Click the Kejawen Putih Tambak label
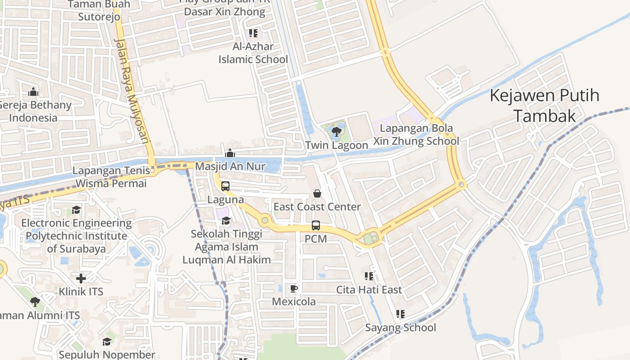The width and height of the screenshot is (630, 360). (x=544, y=106)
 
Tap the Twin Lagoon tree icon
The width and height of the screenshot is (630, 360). (x=336, y=132)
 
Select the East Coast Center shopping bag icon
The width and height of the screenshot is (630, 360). (x=317, y=193)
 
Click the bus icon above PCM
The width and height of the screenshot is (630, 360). (x=316, y=225)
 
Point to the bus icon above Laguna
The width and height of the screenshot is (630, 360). (x=225, y=186)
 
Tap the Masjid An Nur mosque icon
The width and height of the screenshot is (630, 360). (x=230, y=153)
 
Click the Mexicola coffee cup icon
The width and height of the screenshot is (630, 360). (x=294, y=288)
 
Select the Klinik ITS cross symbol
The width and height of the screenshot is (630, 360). (x=81, y=279)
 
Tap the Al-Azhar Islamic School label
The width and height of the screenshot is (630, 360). (x=253, y=53)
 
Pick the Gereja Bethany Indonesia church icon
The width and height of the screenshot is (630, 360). (x=33, y=92)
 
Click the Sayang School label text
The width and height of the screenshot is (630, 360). (x=400, y=328)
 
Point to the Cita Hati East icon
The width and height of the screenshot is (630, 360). (x=369, y=276)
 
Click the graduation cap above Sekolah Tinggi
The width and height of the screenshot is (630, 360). (x=226, y=220)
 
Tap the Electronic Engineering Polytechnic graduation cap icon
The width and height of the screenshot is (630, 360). (x=76, y=210)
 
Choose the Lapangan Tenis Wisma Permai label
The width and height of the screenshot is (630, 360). (x=111, y=177)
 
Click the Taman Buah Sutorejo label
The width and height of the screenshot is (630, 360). (x=99, y=11)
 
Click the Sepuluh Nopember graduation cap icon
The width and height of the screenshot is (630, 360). (x=107, y=342)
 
